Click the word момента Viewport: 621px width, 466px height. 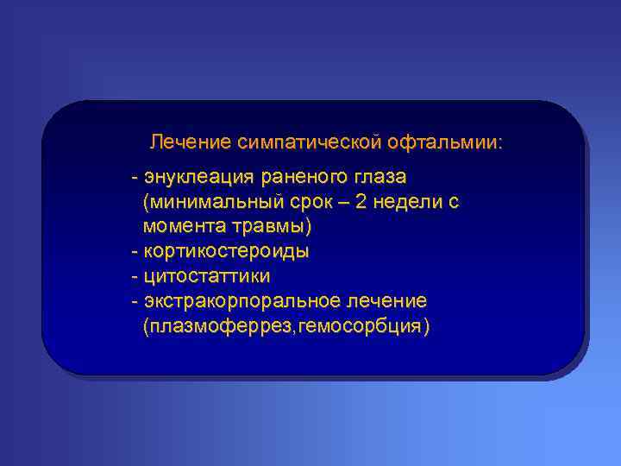[182, 227]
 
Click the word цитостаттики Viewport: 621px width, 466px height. [207, 277]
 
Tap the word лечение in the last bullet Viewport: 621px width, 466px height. [385, 302]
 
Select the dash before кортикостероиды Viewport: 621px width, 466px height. [134, 252]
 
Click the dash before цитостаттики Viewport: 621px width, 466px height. [134, 277]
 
